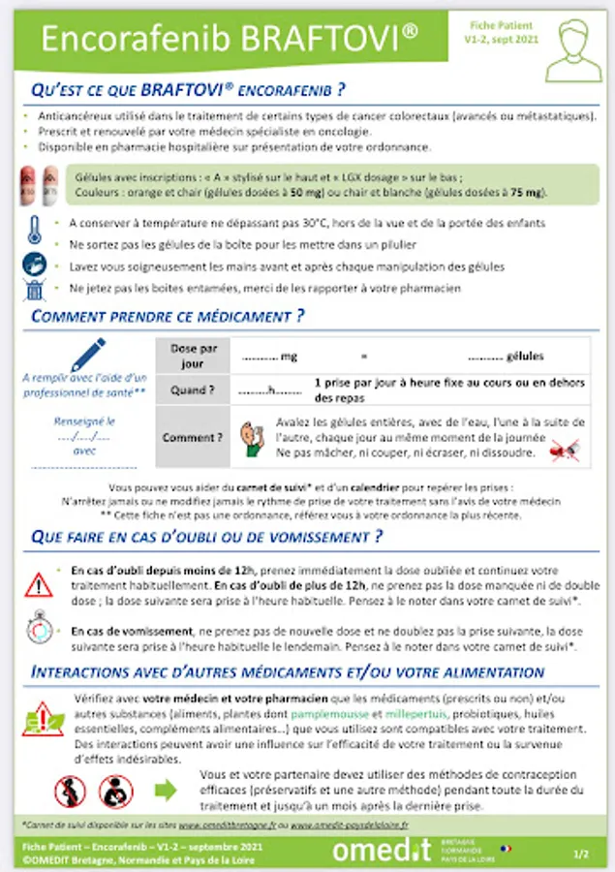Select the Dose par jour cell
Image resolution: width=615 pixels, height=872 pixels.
click(x=193, y=357)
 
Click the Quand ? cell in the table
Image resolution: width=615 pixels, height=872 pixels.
click(x=193, y=391)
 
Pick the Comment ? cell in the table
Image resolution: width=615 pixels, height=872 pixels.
click(x=193, y=437)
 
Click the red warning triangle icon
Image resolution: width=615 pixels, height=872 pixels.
click(x=39, y=584)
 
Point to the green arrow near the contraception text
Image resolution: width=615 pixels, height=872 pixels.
click(x=166, y=790)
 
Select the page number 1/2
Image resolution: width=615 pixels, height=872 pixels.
click(x=580, y=854)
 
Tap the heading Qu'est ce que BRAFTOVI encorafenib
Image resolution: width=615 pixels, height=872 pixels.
click(x=189, y=91)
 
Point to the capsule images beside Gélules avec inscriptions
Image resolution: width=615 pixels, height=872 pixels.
click(x=40, y=184)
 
